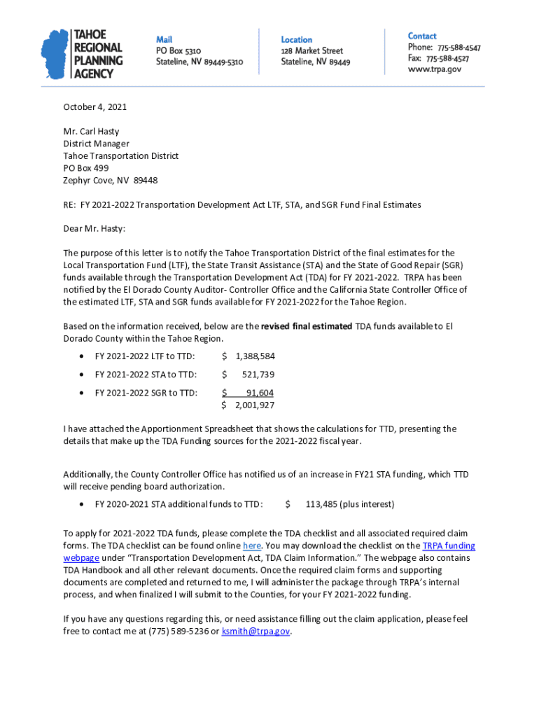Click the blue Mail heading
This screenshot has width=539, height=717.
164,39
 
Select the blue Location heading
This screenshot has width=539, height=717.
297,40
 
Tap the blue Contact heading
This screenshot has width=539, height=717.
422,36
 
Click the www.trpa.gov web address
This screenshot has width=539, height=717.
435,69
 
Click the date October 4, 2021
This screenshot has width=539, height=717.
95,107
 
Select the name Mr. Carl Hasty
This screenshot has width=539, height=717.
92,132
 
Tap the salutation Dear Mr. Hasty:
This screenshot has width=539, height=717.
94,228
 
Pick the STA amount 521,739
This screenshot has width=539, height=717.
258,374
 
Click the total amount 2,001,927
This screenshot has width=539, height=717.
254,405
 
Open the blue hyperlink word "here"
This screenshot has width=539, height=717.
252,545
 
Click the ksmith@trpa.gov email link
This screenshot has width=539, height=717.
255,631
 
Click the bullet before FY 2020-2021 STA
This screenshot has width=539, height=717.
83,504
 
